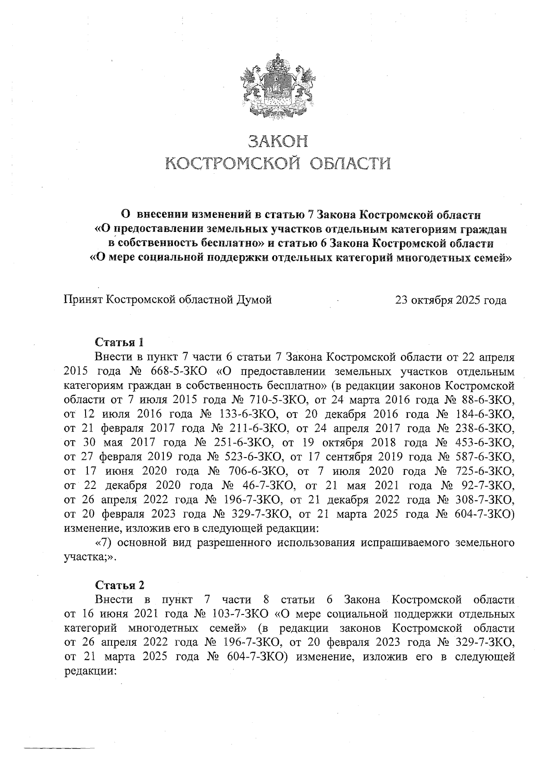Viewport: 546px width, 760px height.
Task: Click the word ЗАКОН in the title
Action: click(x=277, y=141)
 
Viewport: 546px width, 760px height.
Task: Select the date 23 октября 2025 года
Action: click(x=450, y=300)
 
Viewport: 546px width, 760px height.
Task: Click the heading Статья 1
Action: click(x=119, y=342)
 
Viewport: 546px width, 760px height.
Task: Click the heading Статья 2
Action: click(x=119, y=585)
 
